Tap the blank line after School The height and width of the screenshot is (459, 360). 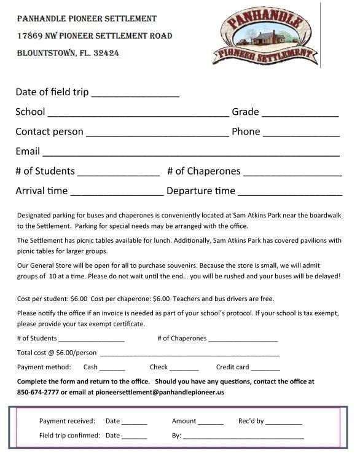click(x=138, y=114)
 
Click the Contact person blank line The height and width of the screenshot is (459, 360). click(x=157, y=134)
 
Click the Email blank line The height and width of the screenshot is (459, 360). click(x=190, y=154)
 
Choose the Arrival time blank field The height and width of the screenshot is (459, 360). click(x=117, y=193)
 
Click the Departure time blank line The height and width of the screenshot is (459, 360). click(x=290, y=193)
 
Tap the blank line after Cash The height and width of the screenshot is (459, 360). click(x=112, y=369)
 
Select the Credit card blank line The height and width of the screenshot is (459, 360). click(x=265, y=369)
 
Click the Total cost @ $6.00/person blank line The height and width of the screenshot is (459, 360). click(x=189, y=355)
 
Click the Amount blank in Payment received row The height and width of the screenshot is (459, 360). click(x=211, y=423)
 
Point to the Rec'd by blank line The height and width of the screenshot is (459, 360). click(x=284, y=423)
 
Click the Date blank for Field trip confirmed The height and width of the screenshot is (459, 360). click(x=135, y=437)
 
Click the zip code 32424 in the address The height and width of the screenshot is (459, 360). click(x=104, y=53)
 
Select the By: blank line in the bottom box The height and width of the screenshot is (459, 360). click(x=243, y=437)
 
